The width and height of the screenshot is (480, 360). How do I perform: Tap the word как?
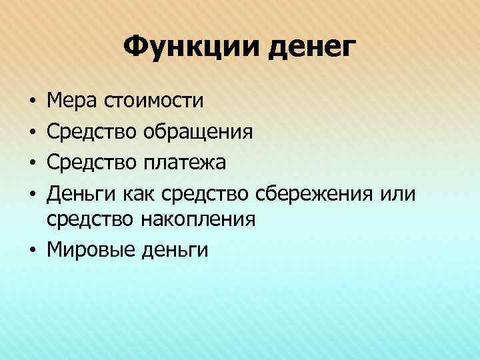point(140,193)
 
